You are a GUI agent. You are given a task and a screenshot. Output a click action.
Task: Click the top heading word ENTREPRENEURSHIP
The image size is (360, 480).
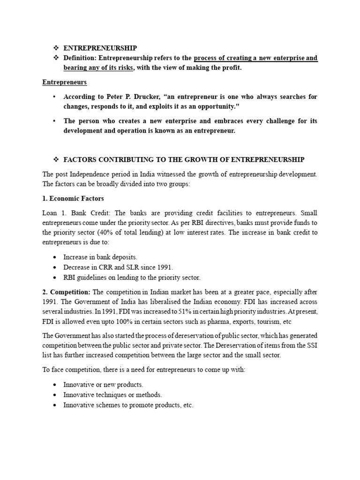point(100,48)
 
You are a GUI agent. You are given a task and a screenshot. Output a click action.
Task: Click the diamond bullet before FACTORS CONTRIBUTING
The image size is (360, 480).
point(55,159)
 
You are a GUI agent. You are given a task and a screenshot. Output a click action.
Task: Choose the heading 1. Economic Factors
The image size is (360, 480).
point(73,199)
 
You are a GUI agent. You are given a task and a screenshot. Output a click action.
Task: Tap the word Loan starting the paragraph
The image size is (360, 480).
point(50,213)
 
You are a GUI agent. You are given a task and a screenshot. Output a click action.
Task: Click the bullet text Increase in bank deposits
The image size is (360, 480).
point(100,257)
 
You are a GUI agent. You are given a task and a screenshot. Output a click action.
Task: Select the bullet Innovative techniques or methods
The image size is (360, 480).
point(112,395)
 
